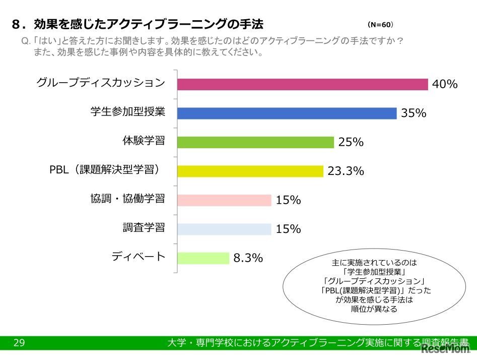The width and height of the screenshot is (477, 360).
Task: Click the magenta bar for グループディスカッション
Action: pyautogui.click(x=302, y=84)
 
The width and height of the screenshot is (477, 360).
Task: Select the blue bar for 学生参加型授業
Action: pyautogui.click(x=287, y=113)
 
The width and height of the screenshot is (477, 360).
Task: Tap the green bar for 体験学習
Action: pyautogui.click(x=255, y=142)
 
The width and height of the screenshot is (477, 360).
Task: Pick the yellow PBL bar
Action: pyautogui.click(x=250, y=171)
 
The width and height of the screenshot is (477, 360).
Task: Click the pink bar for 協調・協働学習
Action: pyautogui.click(x=224, y=200)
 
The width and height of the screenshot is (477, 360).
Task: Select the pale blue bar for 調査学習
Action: pyautogui.click(x=224, y=229)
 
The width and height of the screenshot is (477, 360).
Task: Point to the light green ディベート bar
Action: pyautogui.click(x=203, y=258)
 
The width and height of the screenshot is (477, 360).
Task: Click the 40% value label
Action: pyautogui.click(x=445, y=85)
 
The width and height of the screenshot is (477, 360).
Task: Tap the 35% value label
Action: pyautogui.click(x=414, y=113)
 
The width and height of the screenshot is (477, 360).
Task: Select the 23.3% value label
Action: pyautogui.click(x=346, y=171)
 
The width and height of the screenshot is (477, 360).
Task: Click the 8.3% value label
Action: pyautogui.click(x=248, y=259)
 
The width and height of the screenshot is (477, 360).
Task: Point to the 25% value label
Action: pyautogui.click(x=351, y=143)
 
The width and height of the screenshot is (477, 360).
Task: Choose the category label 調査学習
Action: pyautogui.click(x=144, y=227)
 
